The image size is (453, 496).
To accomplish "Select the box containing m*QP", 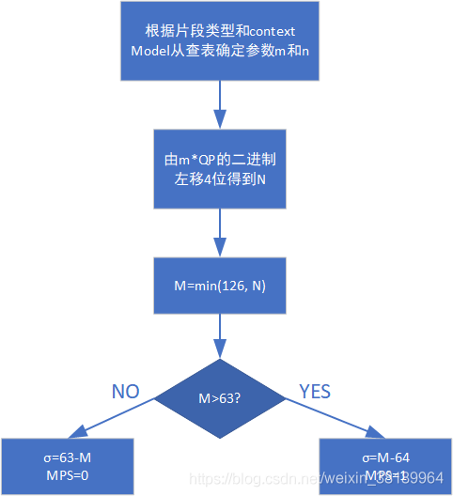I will pos(220,168).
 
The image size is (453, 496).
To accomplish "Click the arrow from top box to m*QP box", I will pos(220,104).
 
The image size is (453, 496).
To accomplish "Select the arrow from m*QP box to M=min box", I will pos(220,231).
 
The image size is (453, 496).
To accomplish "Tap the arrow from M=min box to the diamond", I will pos(220,336).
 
